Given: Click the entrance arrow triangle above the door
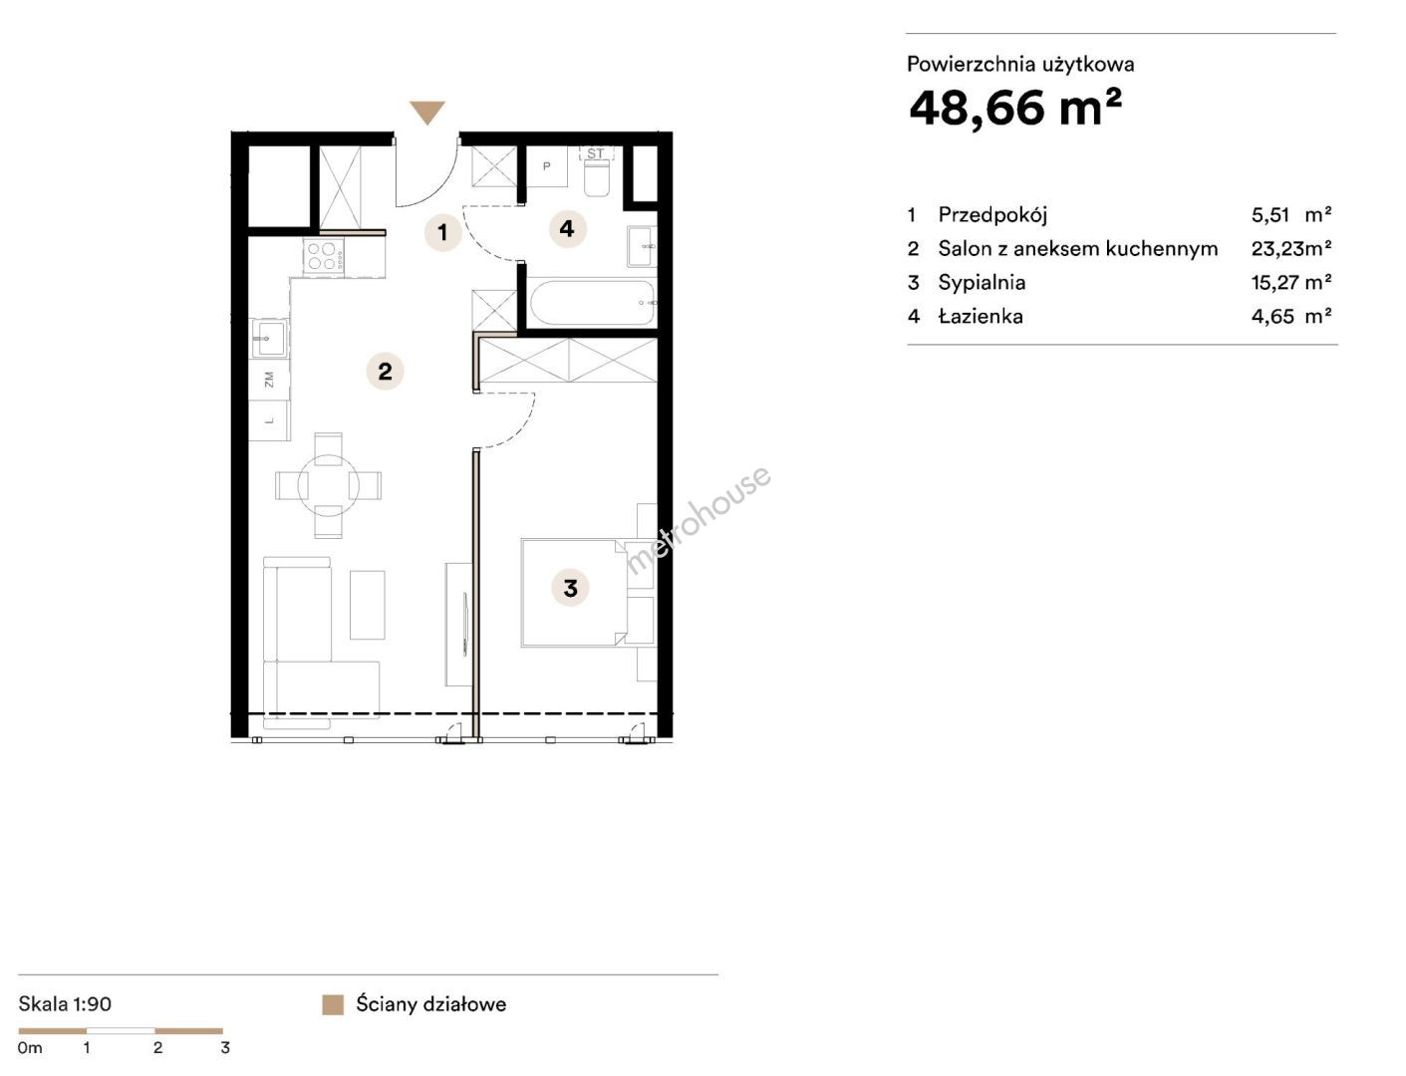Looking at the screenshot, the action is click(x=427, y=112).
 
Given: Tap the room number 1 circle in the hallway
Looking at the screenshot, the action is click(x=442, y=232).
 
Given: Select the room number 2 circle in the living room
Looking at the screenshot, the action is click(x=385, y=371).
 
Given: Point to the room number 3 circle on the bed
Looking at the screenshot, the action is click(x=570, y=588).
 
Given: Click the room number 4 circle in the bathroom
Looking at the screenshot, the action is click(x=568, y=229).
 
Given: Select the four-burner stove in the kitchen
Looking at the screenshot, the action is click(x=324, y=255).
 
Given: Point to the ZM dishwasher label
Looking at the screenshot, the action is click(x=270, y=380).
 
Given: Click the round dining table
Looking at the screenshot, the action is click(x=328, y=486).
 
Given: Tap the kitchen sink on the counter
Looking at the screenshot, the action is click(x=269, y=338).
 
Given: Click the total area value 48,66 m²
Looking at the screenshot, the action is click(x=1015, y=108).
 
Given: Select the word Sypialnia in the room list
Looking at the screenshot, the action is click(x=982, y=283).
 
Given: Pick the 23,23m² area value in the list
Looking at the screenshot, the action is click(x=1290, y=248).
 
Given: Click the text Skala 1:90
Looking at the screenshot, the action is click(x=65, y=1003).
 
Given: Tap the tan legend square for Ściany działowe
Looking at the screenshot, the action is click(x=333, y=1004).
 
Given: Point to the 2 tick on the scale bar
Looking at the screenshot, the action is click(x=157, y=1048).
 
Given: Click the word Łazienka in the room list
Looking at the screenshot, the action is click(x=981, y=317).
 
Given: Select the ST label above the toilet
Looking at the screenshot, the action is click(x=596, y=153).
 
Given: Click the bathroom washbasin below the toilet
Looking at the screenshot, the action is click(x=641, y=246).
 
